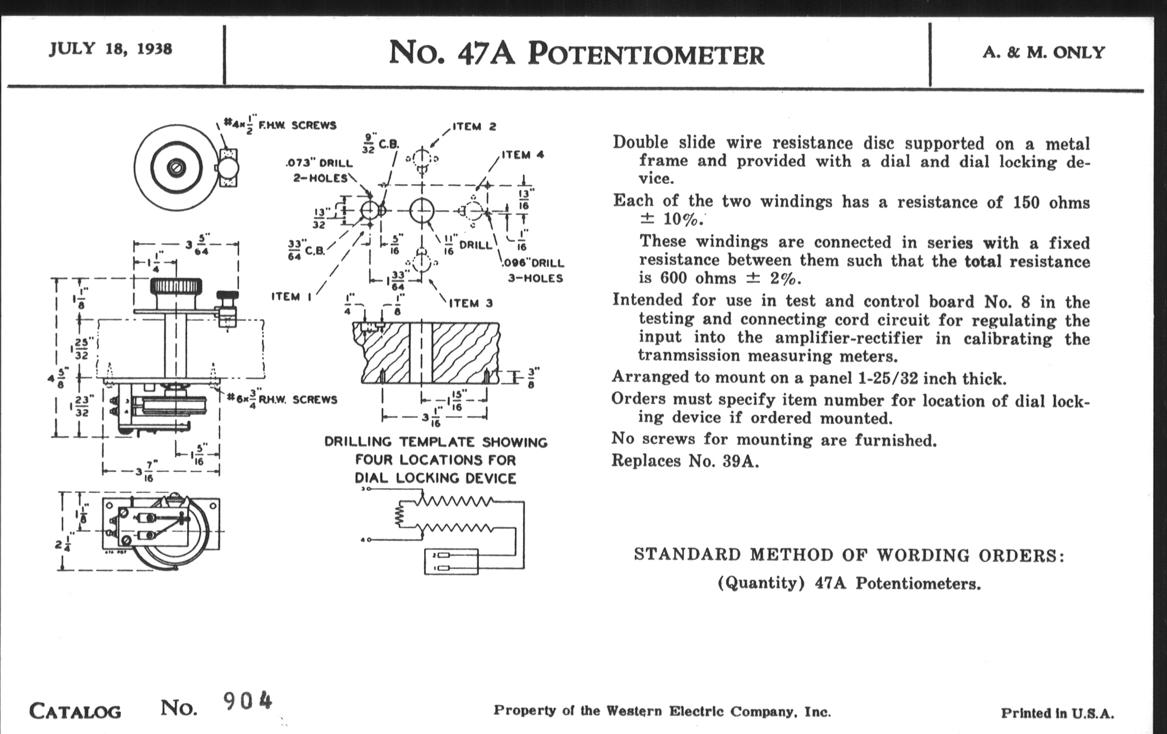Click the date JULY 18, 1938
pos(110,49)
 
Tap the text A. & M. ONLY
pos(1043,52)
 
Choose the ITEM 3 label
pos(471,303)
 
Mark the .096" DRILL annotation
pos(533,263)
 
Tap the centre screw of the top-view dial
pos(175,167)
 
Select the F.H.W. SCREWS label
pos(297,126)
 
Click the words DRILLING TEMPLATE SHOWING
pos(435,442)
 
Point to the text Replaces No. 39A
pos(685,460)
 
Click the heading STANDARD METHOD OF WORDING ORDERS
pos(848,555)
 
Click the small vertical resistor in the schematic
pos(400,516)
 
